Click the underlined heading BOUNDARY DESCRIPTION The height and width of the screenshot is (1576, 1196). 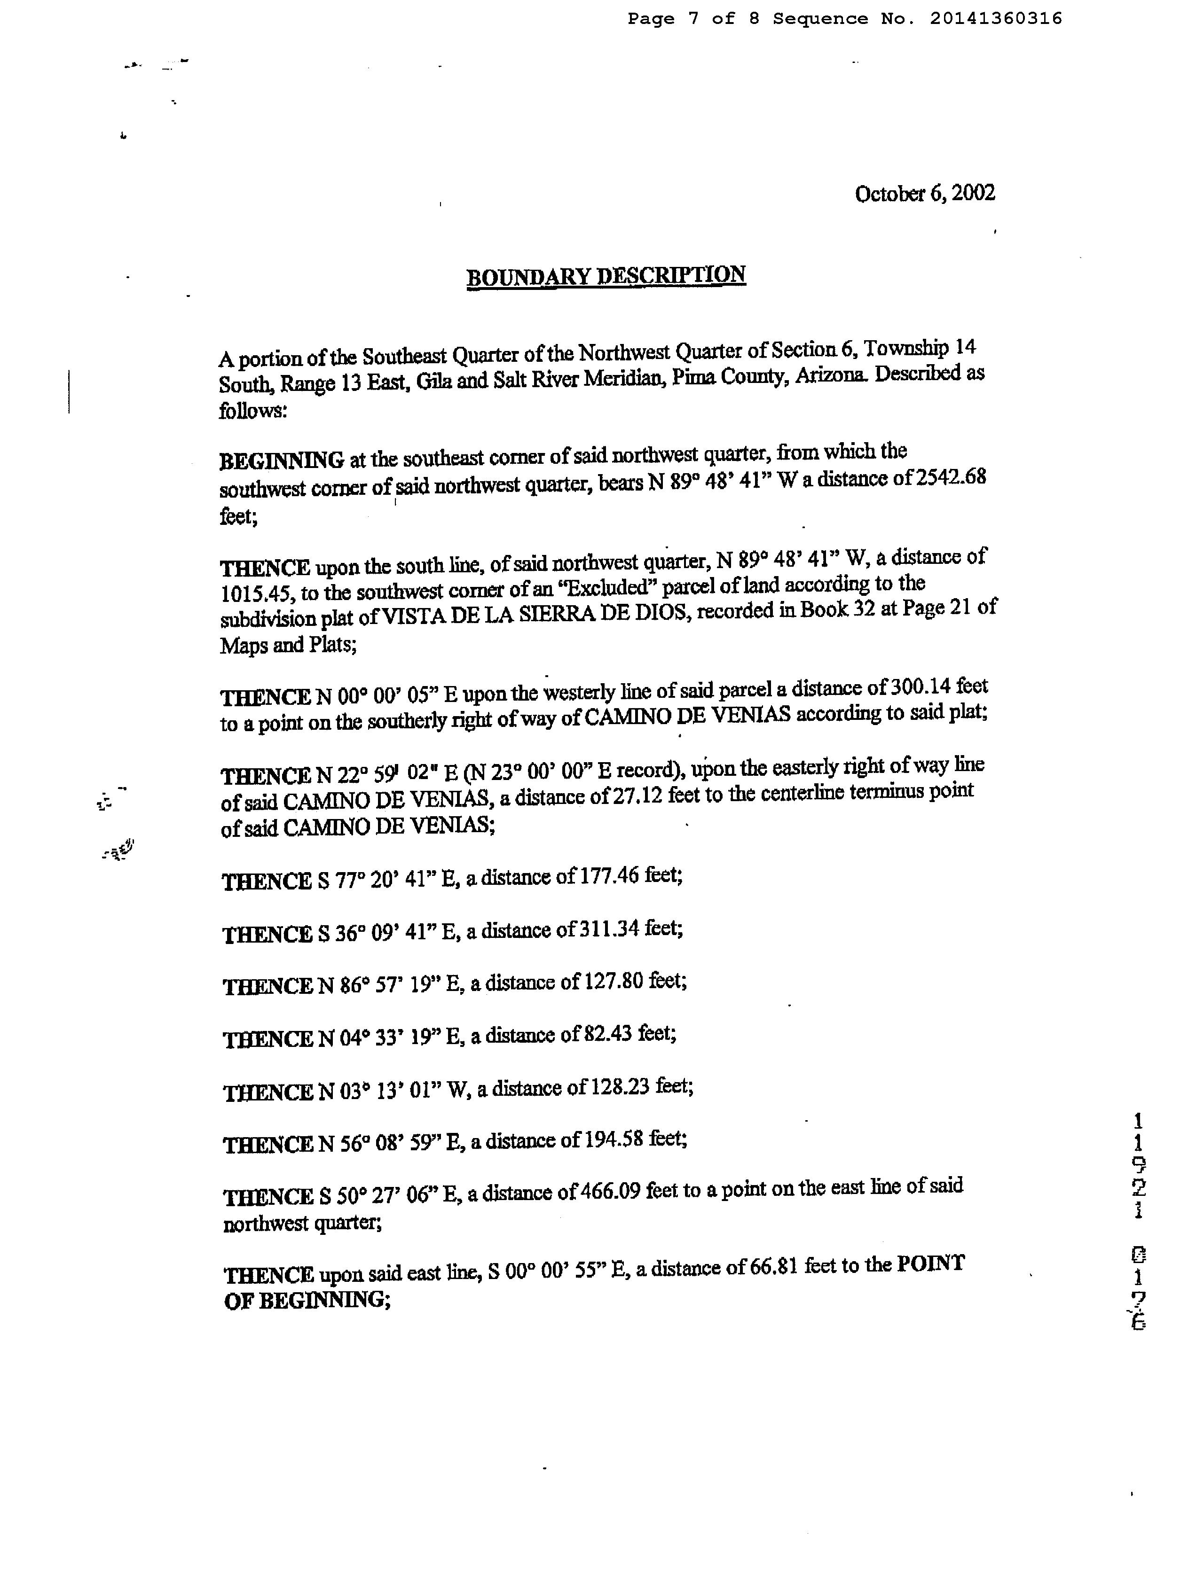point(606,276)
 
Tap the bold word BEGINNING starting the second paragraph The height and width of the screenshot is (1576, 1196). point(282,460)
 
